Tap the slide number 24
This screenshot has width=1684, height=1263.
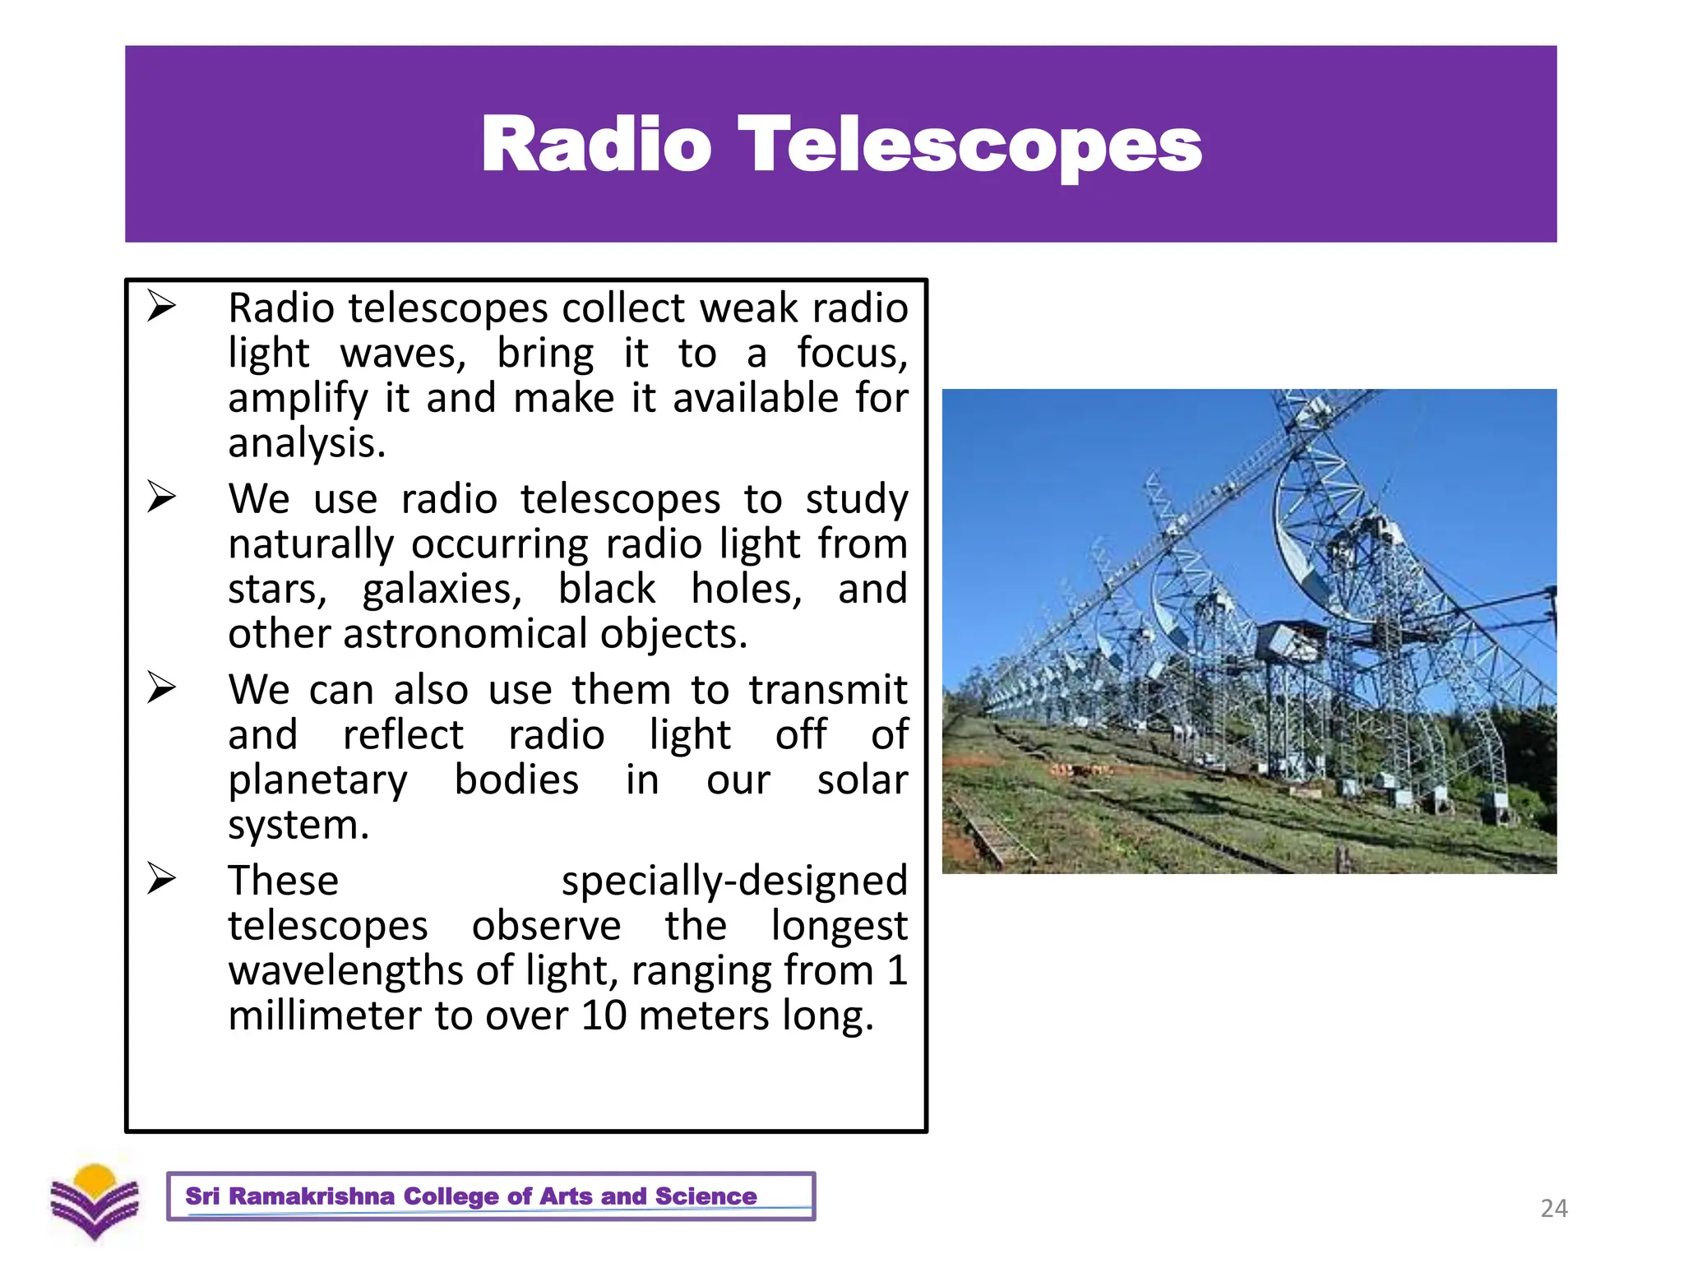point(1553,1208)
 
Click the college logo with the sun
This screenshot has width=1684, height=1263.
point(95,1201)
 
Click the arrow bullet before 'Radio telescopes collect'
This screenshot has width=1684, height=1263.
point(161,307)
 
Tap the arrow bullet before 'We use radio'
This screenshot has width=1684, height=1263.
point(161,497)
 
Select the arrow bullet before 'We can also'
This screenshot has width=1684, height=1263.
point(161,688)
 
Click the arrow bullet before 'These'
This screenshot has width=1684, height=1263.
point(161,879)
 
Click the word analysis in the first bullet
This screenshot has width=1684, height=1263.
point(306,444)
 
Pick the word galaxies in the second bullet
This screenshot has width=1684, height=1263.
point(442,590)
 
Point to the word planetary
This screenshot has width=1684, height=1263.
point(317,780)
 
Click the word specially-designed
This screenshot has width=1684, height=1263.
point(734,881)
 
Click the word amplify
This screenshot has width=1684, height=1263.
point(298,400)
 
